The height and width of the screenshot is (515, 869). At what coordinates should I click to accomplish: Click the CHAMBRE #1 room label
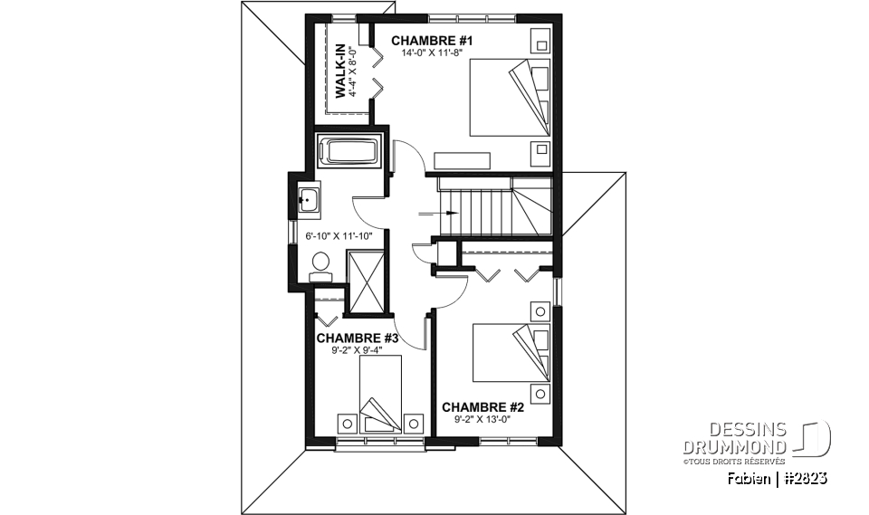432,41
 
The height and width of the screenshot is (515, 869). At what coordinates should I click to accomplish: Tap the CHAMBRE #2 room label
482,406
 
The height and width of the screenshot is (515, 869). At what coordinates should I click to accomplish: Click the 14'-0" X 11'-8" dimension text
432,52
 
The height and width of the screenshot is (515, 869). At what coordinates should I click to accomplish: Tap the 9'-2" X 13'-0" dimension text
482,419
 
